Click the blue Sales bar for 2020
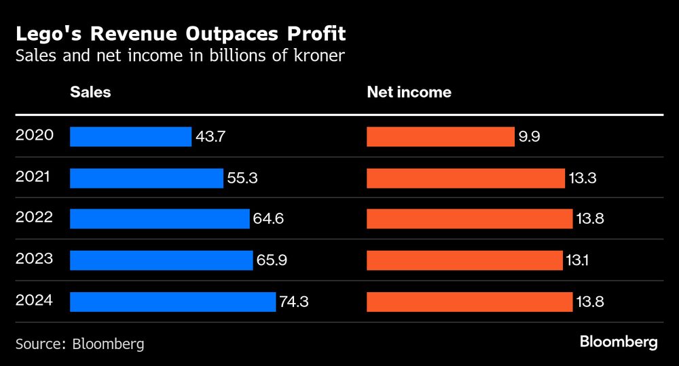click(130, 136)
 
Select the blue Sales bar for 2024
click(172, 302)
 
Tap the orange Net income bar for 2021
click(465, 178)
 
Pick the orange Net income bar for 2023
click(464, 260)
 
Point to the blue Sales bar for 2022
click(160, 219)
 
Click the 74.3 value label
click(294, 302)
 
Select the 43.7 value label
click(210, 136)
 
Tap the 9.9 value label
click(529, 136)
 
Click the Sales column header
click(90, 92)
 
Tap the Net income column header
click(409, 92)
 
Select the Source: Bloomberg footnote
click(80, 344)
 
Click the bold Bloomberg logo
click(619, 342)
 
